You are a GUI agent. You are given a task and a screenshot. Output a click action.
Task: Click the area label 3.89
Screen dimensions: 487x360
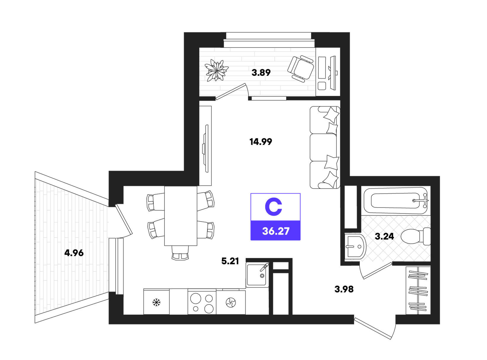[x=261, y=72]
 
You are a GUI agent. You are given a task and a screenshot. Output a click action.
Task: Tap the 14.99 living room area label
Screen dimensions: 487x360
[x=261, y=142]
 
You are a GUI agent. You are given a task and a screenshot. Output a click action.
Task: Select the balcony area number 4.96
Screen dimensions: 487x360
[x=74, y=253]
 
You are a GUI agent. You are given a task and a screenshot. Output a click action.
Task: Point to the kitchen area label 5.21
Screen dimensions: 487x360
[x=230, y=261]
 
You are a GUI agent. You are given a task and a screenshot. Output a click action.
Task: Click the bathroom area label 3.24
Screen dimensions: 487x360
[x=384, y=236]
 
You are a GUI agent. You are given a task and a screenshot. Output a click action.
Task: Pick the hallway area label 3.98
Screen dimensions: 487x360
[x=344, y=289]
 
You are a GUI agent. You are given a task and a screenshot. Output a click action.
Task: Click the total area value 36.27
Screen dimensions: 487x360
[x=276, y=231]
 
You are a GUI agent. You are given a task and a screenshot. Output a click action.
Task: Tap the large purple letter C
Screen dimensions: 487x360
[x=273, y=207]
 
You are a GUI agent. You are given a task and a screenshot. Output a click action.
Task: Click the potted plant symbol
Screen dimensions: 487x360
[x=216, y=70]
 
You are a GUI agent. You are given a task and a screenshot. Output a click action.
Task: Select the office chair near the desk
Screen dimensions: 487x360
[x=300, y=69]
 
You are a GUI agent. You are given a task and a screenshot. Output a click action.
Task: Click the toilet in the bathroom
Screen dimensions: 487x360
[x=416, y=236]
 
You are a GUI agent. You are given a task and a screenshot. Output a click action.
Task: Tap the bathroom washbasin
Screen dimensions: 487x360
[x=355, y=246]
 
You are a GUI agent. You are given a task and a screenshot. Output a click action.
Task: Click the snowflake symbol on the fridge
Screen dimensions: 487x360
[x=156, y=303]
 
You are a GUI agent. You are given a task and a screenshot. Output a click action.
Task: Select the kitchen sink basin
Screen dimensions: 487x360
[x=257, y=275]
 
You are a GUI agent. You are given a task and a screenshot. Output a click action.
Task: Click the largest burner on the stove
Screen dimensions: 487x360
[x=196, y=298]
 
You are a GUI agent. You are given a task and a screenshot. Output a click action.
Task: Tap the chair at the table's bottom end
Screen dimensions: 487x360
[x=180, y=253]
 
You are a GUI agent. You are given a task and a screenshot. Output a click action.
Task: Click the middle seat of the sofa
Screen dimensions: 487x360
[x=323, y=148]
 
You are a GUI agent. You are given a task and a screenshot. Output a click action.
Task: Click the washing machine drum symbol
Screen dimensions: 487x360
[x=231, y=303]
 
